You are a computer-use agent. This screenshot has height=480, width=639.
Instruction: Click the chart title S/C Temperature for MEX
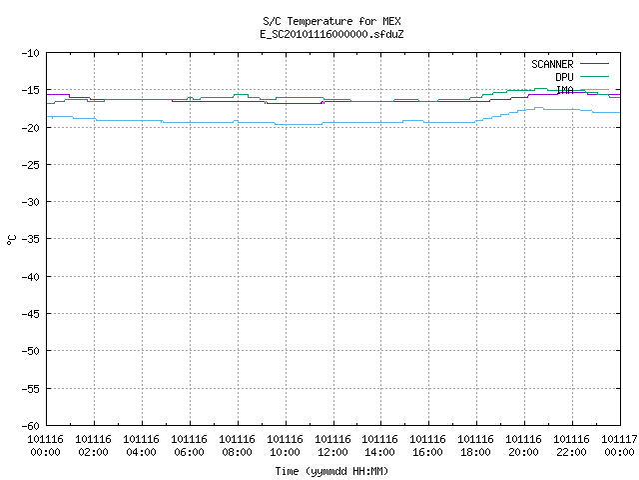331,21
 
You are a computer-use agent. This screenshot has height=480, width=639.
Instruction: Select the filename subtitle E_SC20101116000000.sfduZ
331,34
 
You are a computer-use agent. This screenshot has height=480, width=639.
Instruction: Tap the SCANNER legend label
552,64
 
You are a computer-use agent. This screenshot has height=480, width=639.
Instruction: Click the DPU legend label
564,77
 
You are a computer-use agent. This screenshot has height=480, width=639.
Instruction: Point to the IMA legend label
565,90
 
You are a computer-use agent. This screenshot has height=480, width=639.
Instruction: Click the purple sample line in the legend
594,64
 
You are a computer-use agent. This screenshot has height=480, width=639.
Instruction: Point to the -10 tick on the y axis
31,53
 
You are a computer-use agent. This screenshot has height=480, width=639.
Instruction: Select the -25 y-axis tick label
31,165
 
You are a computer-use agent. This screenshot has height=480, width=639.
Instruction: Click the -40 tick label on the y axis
31,277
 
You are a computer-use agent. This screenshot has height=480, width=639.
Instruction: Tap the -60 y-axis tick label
31,426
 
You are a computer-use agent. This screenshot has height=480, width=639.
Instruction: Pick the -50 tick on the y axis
31,351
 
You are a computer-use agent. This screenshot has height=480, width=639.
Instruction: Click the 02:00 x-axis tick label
93,452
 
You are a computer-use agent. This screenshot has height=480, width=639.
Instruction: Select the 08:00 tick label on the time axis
238,452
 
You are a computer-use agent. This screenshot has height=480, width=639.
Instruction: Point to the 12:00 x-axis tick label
332,452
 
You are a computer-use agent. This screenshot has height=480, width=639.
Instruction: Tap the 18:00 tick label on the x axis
476,452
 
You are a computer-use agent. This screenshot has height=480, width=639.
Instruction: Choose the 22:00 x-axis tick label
572,452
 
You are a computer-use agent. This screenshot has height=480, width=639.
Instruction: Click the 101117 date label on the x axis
619,439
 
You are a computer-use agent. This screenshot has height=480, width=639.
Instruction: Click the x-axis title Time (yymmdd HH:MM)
331,471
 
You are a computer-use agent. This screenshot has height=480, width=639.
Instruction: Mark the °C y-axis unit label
12,240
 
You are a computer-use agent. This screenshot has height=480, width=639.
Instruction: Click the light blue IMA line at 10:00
287,124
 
